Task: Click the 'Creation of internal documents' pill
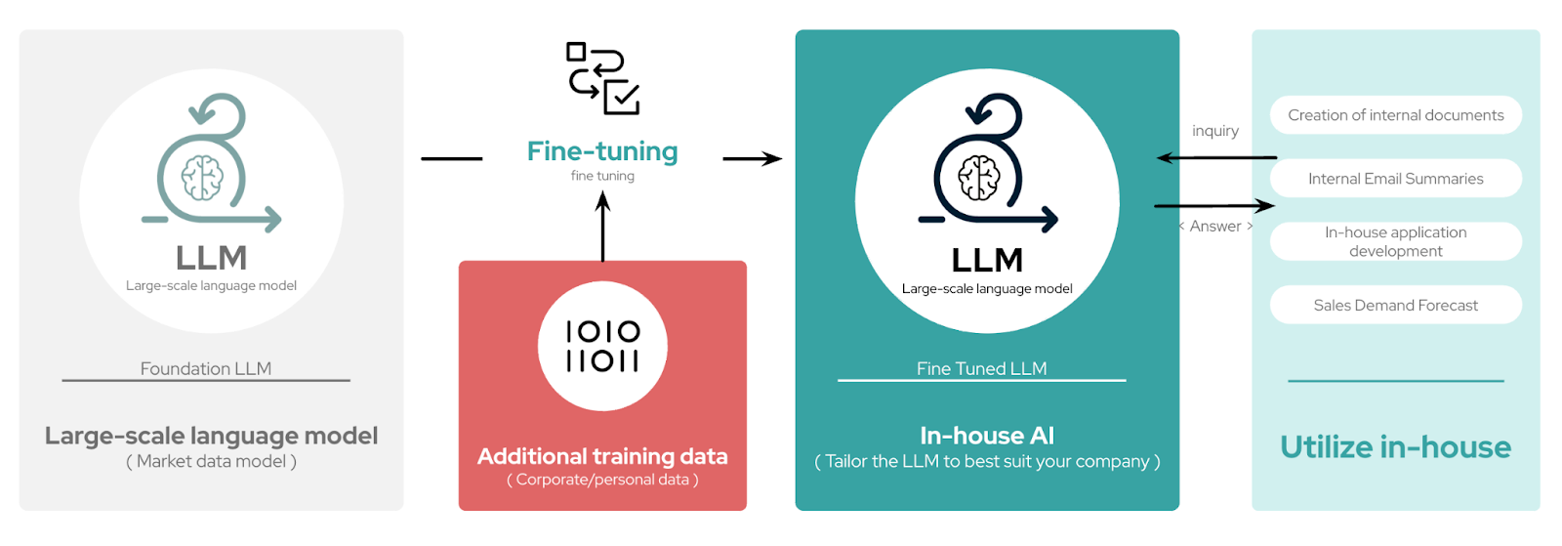tap(1395, 115)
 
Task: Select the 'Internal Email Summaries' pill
tap(1395, 179)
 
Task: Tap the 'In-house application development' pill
tap(1395, 241)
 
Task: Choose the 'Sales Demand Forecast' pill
tap(1395, 305)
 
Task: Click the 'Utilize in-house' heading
tap(1395, 447)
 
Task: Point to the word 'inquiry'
tap(1214, 131)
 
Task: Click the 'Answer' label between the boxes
tap(1215, 227)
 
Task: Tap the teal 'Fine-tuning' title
tap(602, 151)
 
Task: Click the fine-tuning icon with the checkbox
tap(602, 78)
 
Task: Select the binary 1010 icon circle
tap(602, 347)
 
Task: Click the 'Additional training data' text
tap(602, 456)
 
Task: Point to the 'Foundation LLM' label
tap(206, 368)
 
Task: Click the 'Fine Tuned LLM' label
tap(981, 368)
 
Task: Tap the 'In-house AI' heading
tap(987, 436)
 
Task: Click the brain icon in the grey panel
tap(202, 178)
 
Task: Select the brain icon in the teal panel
tap(978, 178)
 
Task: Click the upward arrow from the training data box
tap(602, 227)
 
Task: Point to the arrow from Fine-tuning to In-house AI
tap(752, 158)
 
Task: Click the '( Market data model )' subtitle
tap(211, 461)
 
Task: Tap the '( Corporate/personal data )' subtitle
tap(602, 480)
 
